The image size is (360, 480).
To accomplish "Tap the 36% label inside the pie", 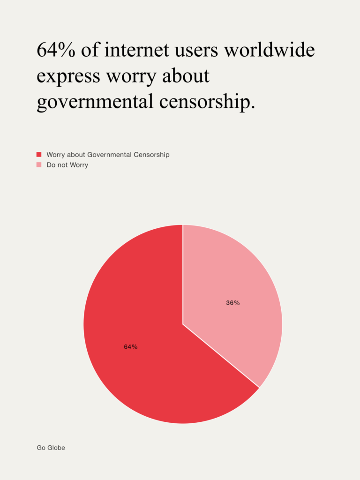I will [x=233, y=303].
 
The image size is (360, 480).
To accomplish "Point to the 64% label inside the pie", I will [x=131, y=347].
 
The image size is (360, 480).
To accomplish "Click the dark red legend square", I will [x=39, y=154].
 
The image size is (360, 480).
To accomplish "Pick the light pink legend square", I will [x=39, y=165].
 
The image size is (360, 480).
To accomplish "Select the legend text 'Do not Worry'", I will [x=67, y=165].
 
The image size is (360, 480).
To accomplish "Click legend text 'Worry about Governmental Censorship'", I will [x=108, y=154].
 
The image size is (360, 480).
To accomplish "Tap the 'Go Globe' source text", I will [x=51, y=448].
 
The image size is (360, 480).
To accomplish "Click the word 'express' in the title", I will [x=68, y=76].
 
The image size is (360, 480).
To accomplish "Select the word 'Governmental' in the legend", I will [x=109, y=154].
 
